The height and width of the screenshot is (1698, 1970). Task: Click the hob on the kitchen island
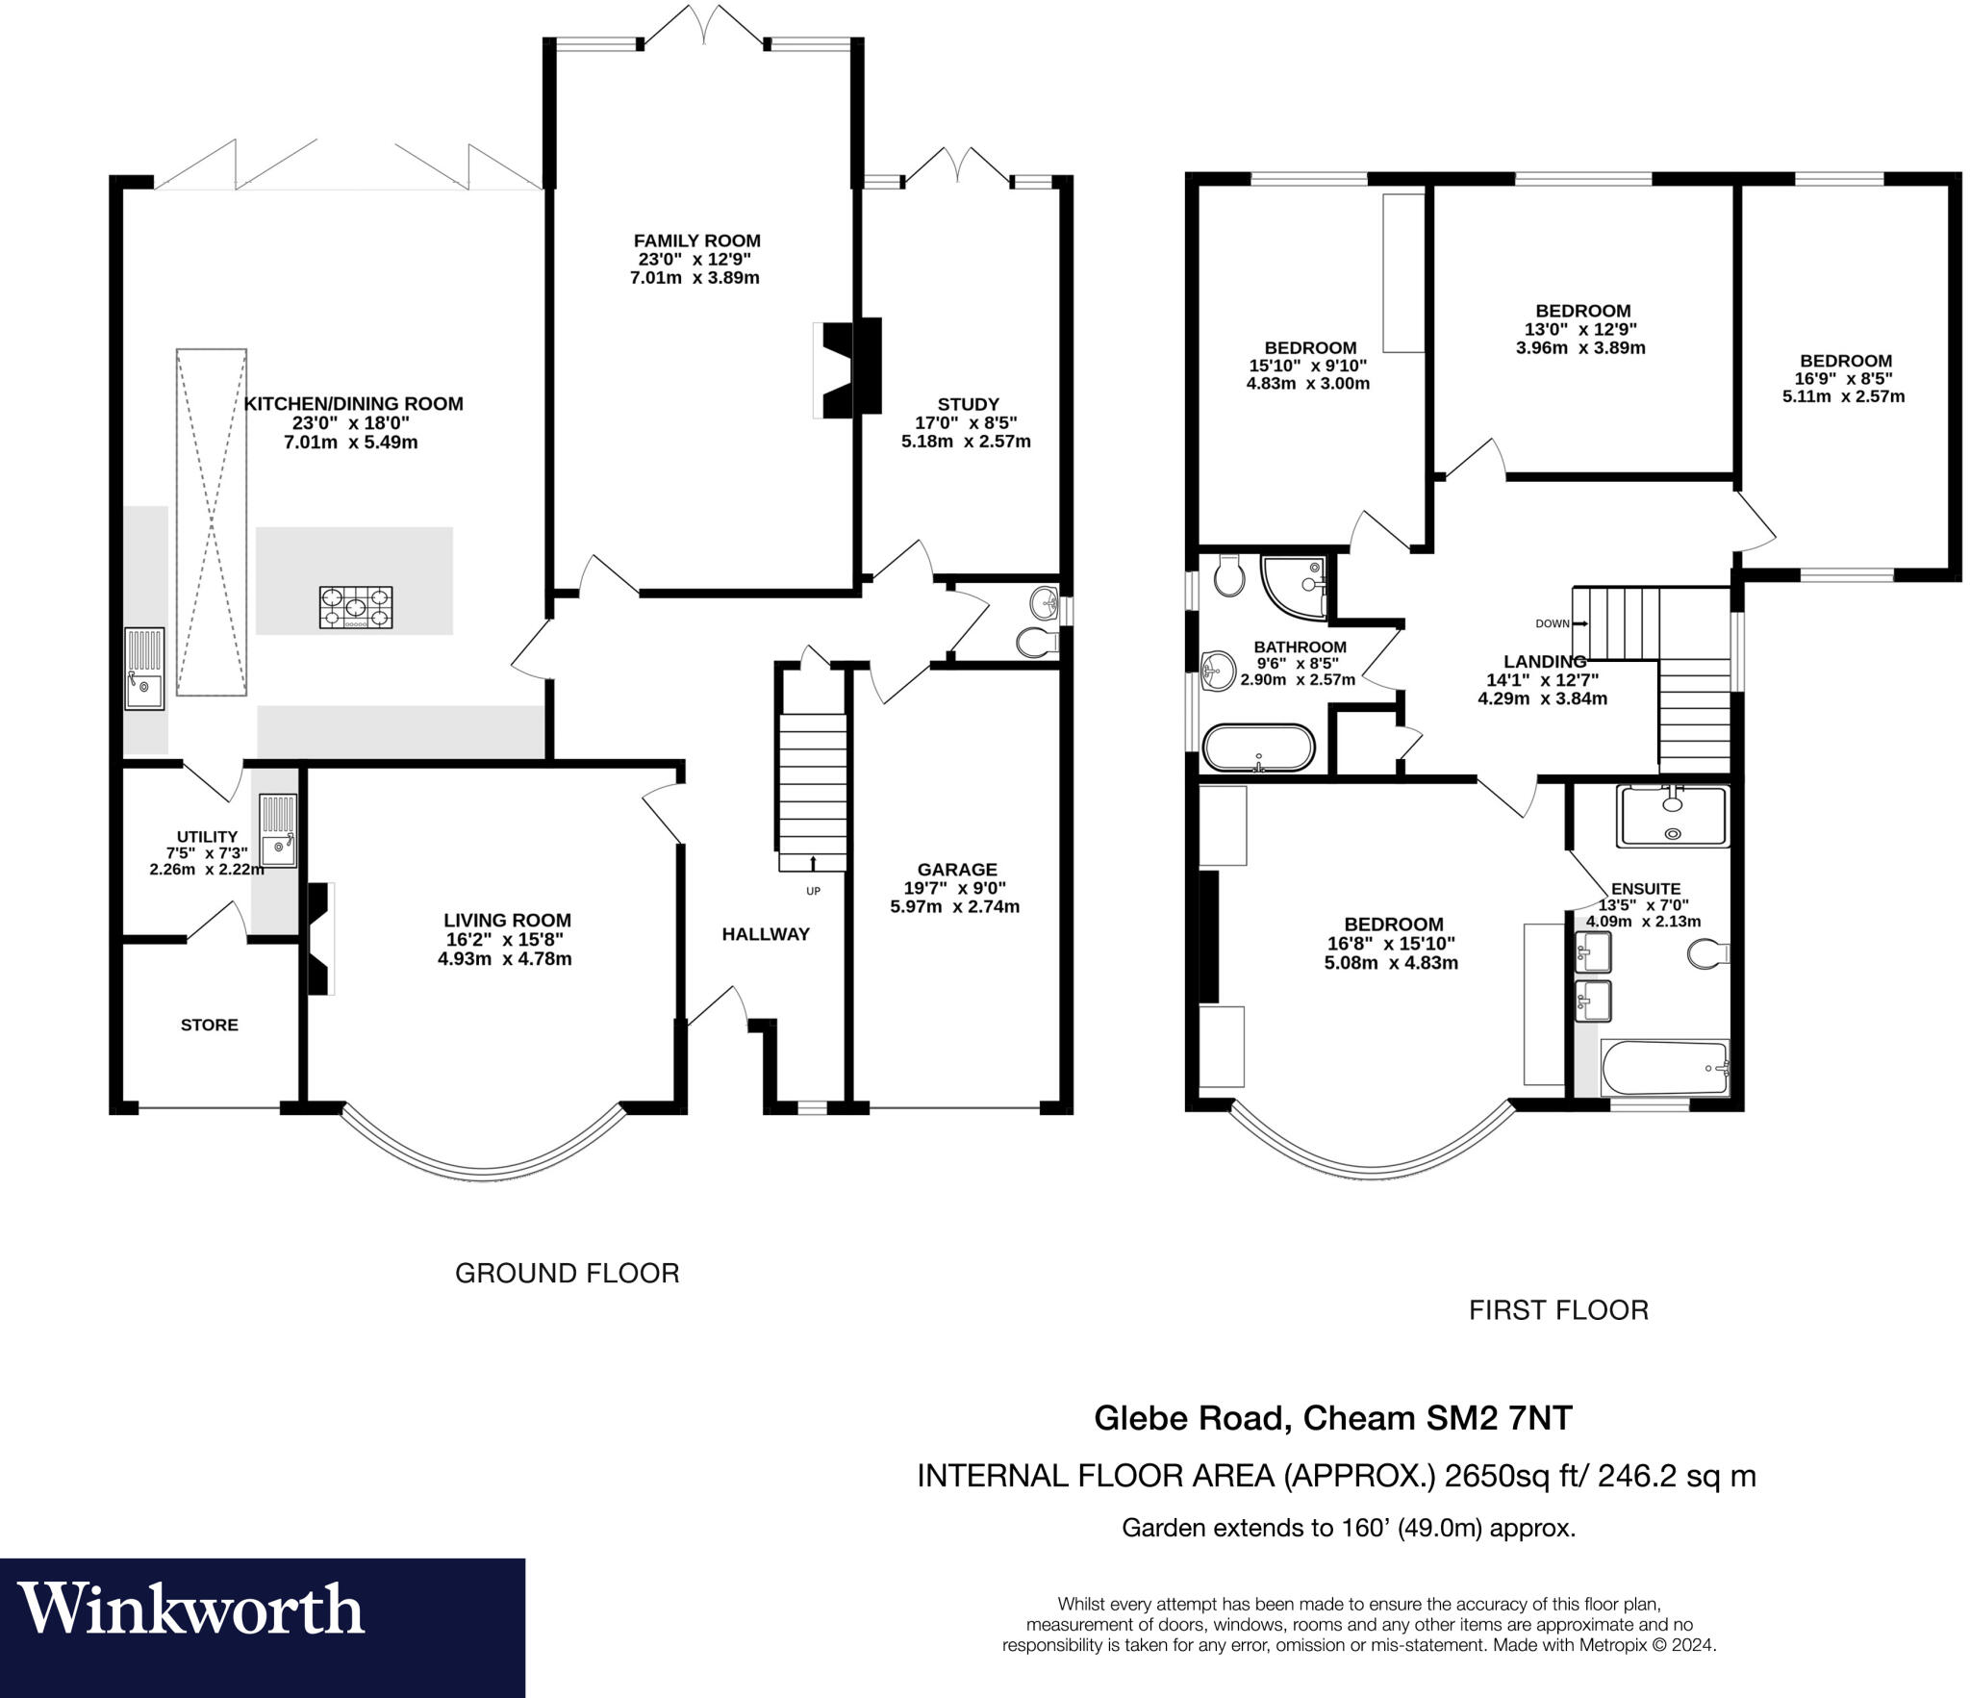click(356, 607)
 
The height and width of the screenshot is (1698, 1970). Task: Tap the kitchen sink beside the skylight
click(144, 669)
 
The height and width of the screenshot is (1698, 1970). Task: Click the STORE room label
click(209, 1025)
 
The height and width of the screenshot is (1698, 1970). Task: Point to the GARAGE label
click(956, 869)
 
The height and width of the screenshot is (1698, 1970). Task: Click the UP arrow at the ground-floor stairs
click(814, 863)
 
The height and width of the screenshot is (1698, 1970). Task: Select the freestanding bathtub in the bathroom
click(1258, 748)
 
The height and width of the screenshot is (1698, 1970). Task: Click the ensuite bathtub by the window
click(1664, 1068)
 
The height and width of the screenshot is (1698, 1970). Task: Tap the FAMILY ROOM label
click(696, 241)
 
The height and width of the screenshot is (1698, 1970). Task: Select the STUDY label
click(968, 404)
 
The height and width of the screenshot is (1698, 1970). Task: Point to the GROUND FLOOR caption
click(567, 1273)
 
